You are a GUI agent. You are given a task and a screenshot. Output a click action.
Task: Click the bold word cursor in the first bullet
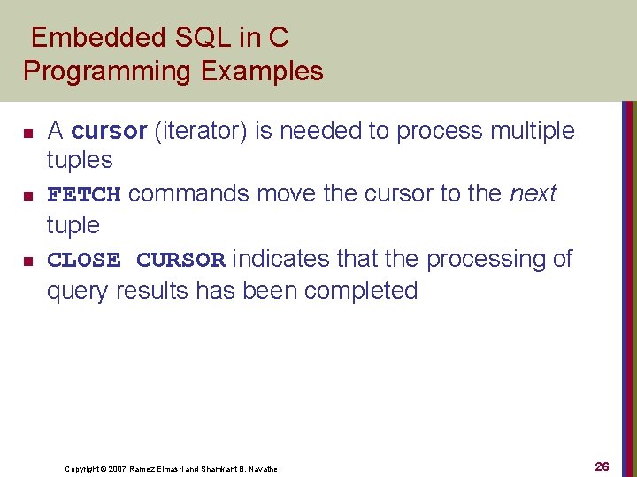click(x=108, y=131)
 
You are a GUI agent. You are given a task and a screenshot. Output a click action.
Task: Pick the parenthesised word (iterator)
click(x=201, y=131)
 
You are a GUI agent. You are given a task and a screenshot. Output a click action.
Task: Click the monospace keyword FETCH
click(x=83, y=194)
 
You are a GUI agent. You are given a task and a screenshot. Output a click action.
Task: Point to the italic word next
click(x=533, y=193)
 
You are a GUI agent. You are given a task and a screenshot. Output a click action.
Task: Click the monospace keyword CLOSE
click(x=83, y=260)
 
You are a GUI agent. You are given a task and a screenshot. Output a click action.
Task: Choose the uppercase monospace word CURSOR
click(x=181, y=260)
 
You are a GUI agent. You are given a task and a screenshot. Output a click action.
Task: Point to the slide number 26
click(x=602, y=466)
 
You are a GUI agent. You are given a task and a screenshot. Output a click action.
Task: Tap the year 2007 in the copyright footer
click(x=116, y=469)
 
